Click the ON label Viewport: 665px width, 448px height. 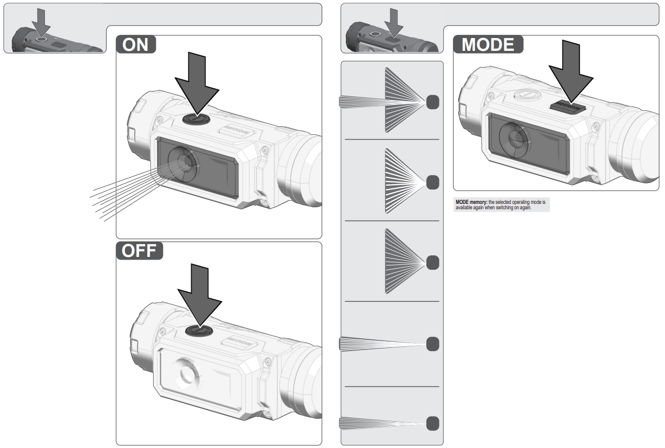136,44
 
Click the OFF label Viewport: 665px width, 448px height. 139,250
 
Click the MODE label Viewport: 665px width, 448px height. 488,44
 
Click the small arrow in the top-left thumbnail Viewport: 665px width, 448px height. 41,21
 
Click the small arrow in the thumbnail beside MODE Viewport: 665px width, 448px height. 395,21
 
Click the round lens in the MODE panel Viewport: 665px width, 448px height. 513,138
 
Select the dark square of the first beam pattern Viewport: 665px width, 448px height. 433,102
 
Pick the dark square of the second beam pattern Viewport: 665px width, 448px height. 433,182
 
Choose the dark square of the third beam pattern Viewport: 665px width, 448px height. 433,262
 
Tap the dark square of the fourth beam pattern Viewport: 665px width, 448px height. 433,344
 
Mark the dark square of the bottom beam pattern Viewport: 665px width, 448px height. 433,423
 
